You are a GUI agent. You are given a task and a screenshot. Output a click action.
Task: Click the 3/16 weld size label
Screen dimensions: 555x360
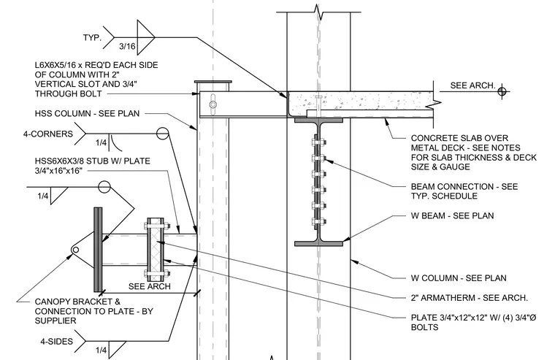[127, 47]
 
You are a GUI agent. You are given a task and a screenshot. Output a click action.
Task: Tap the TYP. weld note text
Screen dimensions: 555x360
[92, 37]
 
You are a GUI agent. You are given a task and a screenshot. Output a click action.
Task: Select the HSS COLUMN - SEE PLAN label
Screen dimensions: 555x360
[87, 114]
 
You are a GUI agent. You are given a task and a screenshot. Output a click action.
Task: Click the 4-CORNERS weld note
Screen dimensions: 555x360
[48, 134]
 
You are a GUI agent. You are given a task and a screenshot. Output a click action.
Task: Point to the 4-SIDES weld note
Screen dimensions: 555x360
[57, 342]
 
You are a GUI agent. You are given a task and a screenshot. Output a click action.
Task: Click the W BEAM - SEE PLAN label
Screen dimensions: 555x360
[452, 215]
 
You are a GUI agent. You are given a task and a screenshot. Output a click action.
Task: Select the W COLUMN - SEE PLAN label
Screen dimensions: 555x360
[459, 278]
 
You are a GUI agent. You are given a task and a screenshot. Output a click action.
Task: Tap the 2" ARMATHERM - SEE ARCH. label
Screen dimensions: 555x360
[469, 298]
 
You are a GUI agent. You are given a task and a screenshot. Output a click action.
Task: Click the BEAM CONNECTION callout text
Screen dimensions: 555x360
[464, 191]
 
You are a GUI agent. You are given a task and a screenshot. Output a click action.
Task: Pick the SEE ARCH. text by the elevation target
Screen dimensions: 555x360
[472, 85]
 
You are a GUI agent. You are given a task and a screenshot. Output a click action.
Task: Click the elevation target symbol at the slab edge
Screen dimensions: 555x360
[502, 92]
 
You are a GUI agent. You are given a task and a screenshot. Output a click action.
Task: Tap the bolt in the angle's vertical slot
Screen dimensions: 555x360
[213, 104]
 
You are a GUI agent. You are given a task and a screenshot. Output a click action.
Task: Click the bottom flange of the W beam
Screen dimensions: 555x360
[318, 244]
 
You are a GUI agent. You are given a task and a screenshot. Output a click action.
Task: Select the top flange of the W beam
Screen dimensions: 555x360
[318, 120]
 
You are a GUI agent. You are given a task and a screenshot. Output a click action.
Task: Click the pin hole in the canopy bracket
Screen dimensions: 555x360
[75, 250]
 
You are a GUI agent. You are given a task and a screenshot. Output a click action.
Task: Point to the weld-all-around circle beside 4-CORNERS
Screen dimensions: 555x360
[162, 134]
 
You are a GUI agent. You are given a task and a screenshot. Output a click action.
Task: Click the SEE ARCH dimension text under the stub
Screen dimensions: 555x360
[150, 286]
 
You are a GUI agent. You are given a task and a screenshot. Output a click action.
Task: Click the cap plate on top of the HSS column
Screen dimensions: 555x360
[213, 82]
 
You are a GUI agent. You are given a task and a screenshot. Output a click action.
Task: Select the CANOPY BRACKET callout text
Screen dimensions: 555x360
[93, 311]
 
